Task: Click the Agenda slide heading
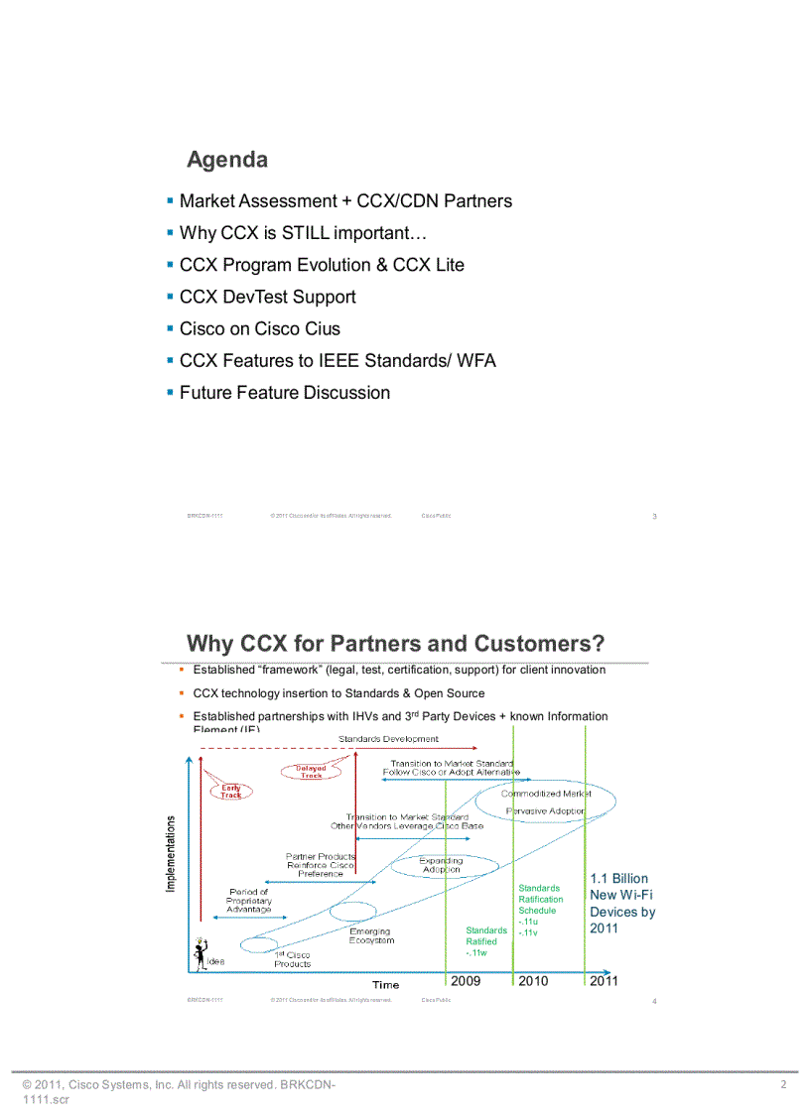tap(227, 160)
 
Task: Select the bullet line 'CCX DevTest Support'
tap(267, 297)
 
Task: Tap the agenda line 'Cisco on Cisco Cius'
tap(259, 328)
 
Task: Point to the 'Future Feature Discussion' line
tap(285, 393)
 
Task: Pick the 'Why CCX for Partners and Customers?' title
tap(396, 644)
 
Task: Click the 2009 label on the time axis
tap(466, 981)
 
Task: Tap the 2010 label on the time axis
tap(533, 981)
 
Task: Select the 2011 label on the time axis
tap(604, 981)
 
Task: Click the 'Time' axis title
tap(386, 984)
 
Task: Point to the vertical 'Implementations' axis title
tap(171, 853)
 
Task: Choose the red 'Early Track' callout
tap(231, 791)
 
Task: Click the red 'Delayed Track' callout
tap(311, 771)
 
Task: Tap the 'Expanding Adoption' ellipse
tap(441, 865)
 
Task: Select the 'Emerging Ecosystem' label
tap(371, 936)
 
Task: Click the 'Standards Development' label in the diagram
tap(388, 739)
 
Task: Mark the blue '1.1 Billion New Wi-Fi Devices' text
tap(622, 903)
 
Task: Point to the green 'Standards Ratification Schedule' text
tap(540, 899)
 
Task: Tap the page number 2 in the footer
tap(783, 1085)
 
